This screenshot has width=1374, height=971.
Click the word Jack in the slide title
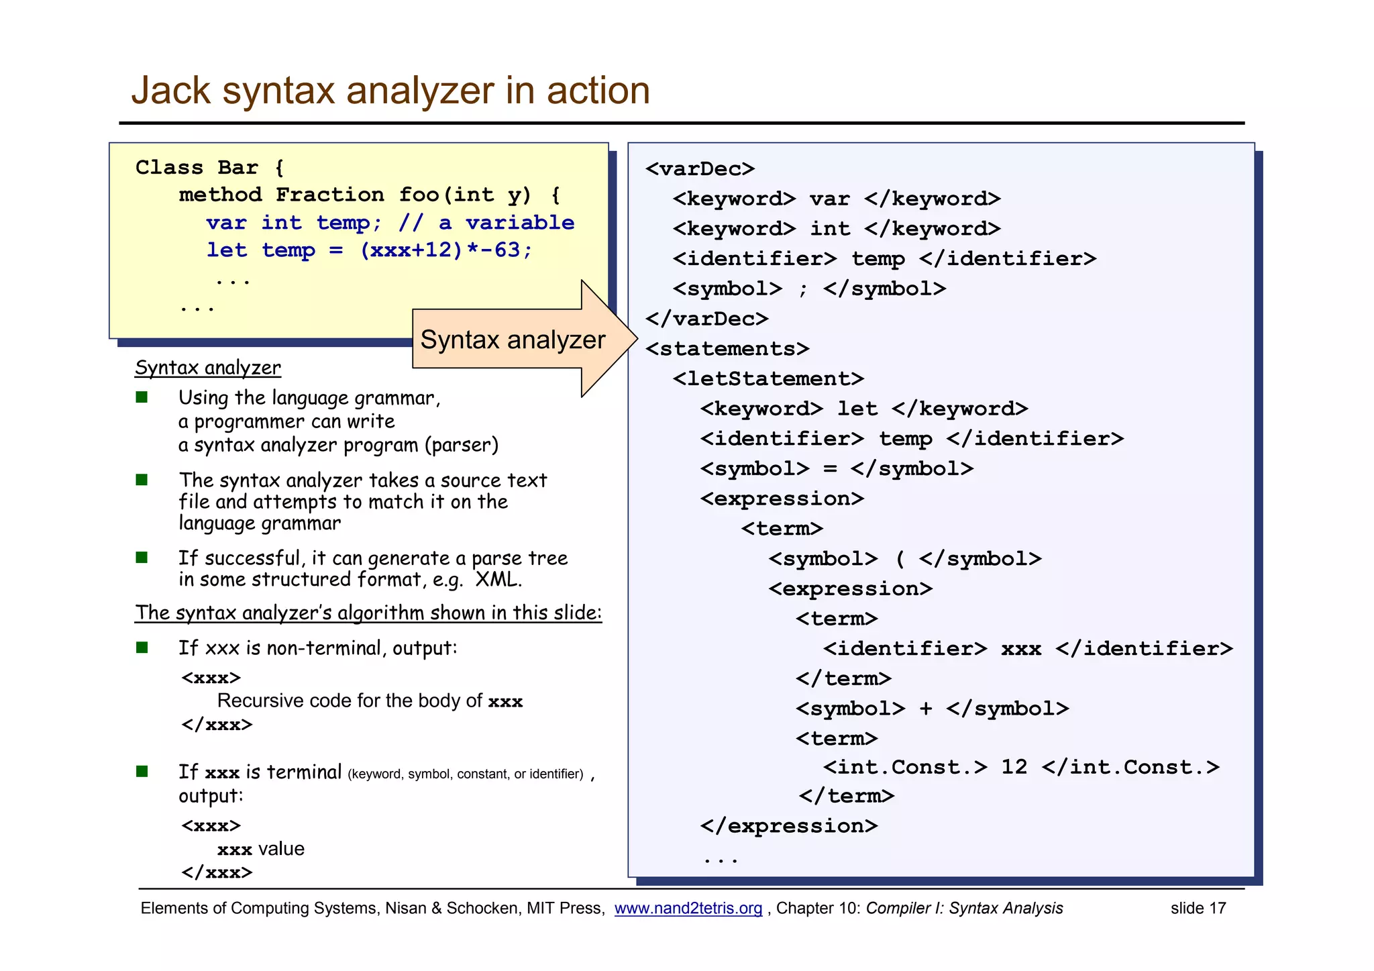point(170,91)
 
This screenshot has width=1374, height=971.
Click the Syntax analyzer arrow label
point(513,340)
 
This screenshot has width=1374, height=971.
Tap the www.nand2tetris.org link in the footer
point(688,908)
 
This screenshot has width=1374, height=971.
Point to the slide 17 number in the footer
point(1198,908)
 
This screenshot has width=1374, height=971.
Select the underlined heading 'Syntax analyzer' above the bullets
point(208,368)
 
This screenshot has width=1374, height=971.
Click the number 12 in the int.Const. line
point(1014,767)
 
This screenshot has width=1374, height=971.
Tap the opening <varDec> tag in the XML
point(700,168)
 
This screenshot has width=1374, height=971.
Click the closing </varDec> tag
point(706,319)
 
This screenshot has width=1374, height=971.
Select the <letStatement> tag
point(768,378)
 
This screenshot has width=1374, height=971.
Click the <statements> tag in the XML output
point(727,349)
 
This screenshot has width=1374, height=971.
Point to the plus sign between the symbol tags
point(925,709)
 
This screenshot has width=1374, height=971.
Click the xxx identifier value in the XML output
point(1020,649)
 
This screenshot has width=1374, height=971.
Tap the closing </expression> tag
point(788,826)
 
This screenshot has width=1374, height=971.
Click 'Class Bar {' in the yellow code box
point(209,167)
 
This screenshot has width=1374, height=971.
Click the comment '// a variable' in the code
point(486,223)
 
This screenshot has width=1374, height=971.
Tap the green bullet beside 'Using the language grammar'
point(142,397)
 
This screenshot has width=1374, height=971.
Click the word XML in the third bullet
point(497,579)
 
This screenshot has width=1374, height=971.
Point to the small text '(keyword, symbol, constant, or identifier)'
point(466,774)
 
